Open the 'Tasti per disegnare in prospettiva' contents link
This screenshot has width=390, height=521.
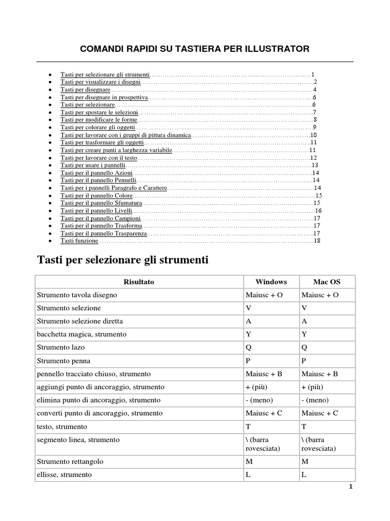(104, 97)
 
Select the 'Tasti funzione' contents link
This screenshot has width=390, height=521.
(79, 241)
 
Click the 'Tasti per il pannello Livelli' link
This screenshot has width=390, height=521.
(96, 211)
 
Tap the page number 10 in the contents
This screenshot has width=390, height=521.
(313, 135)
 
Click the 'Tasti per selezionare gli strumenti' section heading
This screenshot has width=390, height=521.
(123, 260)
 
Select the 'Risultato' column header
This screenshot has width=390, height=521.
(139, 281)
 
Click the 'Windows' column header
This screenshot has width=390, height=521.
(271, 281)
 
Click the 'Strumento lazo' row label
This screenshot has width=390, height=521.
(61, 348)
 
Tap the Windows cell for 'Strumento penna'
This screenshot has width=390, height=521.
(248, 361)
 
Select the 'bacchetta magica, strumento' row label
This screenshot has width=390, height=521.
(82, 334)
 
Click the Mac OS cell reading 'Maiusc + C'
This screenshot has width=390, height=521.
(320, 413)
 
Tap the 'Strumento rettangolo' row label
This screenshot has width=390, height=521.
(70, 461)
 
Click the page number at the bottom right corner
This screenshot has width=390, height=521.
(350, 486)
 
